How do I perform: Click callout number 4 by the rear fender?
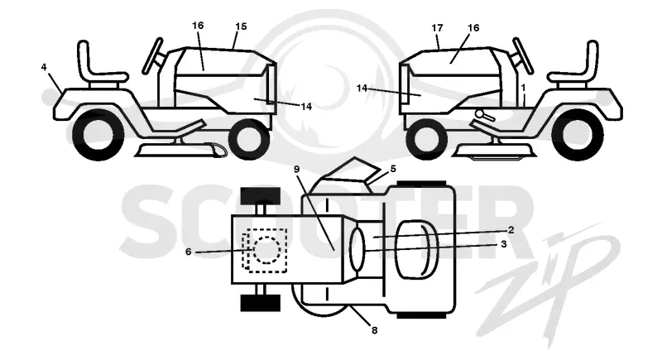[x=44, y=67]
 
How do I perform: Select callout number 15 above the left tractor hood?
[x=241, y=26]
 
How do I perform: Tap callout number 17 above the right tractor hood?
[x=438, y=28]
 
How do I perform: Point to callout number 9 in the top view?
[x=296, y=169]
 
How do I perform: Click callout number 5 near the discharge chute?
[x=393, y=169]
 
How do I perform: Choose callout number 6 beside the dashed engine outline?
[x=189, y=252]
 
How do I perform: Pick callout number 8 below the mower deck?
[x=375, y=330]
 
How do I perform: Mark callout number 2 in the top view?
[x=511, y=230]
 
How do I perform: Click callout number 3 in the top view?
[x=503, y=244]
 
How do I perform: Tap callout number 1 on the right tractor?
[x=523, y=89]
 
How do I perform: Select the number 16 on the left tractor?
[x=198, y=26]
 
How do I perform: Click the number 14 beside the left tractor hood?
[x=306, y=107]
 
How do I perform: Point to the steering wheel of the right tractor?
[x=523, y=55]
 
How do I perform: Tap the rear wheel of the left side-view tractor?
[x=98, y=134]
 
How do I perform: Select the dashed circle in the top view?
[x=266, y=249]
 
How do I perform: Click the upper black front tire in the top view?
[x=261, y=196]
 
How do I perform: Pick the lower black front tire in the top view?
[x=261, y=303]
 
